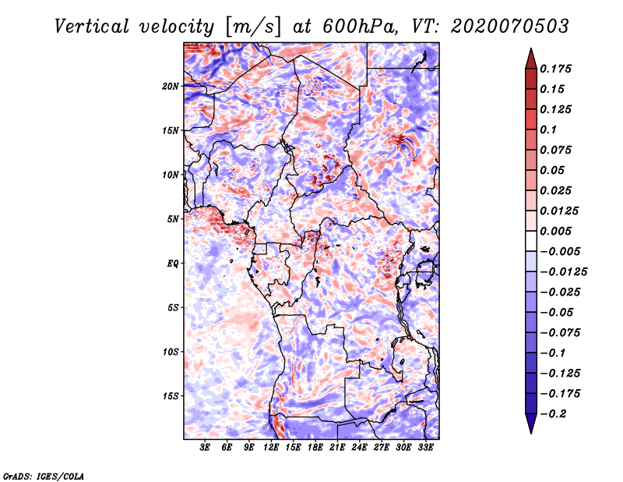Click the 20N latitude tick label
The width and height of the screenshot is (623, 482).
point(171,86)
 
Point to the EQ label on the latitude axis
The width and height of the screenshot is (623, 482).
point(173,264)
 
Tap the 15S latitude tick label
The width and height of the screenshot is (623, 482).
point(171,396)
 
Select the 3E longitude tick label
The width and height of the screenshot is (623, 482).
point(206,448)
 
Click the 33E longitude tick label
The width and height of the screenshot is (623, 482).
point(427,448)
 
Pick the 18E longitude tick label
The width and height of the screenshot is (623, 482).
point(315,448)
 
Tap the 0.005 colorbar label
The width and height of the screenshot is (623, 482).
point(558,231)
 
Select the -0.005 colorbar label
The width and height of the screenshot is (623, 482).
point(561,251)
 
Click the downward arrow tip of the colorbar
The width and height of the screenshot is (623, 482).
point(530,431)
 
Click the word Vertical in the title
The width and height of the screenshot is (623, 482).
point(93,27)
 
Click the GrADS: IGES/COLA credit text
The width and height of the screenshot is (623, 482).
point(43,475)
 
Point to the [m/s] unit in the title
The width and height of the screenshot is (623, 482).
point(249,27)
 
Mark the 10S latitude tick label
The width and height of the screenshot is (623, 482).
point(171,352)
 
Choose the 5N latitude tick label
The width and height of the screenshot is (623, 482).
point(173,219)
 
